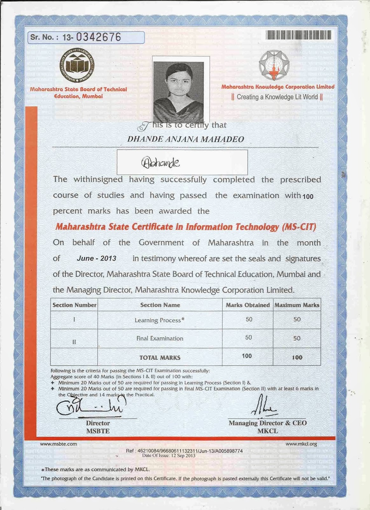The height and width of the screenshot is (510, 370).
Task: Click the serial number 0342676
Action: point(98,37)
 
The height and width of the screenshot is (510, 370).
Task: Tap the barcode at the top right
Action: point(298,35)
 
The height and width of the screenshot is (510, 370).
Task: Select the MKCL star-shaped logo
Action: point(274,66)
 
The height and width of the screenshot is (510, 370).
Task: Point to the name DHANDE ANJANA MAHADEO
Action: point(185,139)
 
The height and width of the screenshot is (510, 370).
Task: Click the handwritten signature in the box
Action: point(160,163)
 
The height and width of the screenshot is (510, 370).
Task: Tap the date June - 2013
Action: point(96,259)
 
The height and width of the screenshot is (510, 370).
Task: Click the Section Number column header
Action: point(74,305)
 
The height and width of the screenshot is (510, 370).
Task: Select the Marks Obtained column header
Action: point(248,305)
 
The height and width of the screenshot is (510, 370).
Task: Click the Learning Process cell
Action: point(159,320)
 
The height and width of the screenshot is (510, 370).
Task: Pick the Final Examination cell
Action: point(160,339)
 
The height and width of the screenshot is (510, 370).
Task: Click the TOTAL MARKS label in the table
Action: point(160,358)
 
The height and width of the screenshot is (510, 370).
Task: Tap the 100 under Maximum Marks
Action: point(297,357)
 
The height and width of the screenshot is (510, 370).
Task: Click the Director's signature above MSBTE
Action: point(91,406)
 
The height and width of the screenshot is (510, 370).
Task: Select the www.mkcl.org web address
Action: point(301,444)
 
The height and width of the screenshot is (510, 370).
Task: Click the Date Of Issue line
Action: point(169,456)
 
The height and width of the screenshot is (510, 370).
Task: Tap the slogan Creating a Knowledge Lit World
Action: point(277,97)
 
